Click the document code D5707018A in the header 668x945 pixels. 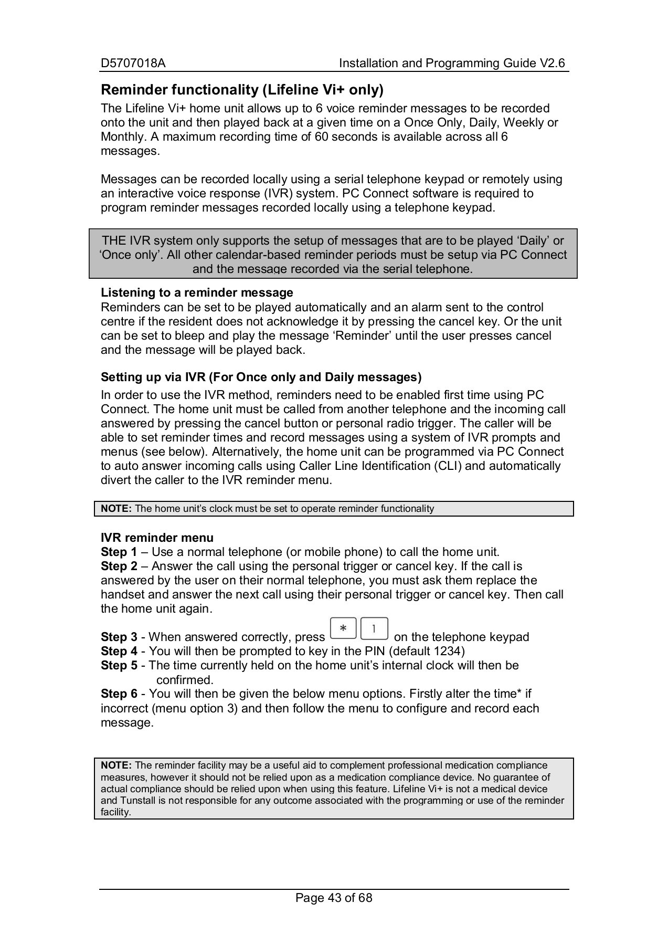pyautogui.click(x=133, y=64)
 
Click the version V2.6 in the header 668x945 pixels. pyautogui.click(x=552, y=64)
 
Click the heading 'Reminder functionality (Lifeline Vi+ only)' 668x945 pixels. pyautogui.click(x=242, y=90)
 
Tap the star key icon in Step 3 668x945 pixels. pyautogui.click(x=343, y=628)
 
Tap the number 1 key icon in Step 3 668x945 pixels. pyautogui.click(x=374, y=628)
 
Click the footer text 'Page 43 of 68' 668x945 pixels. pyautogui.click(x=334, y=898)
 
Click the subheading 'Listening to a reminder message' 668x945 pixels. pyautogui.click(x=197, y=292)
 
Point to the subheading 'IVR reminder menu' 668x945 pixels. pyautogui.click(x=157, y=538)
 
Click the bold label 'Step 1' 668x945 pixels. pyautogui.click(x=119, y=552)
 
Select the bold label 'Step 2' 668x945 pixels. pyautogui.click(x=119, y=566)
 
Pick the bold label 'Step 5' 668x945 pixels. pyautogui.click(x=119, y=666)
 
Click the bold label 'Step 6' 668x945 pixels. pyautogui.click(x=119, y=694)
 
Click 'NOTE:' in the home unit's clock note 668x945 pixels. pyautogui.click(x=116, y=509)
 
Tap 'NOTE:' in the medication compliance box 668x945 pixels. pyautogui.click(x=116, y=765)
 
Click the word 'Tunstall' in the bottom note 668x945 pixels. pyautogui.click(x=137, y=801)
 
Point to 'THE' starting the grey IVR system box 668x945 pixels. pyautogui.click(x=114, y=241)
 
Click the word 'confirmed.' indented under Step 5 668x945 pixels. pyautogui.click(x=185, y=680)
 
